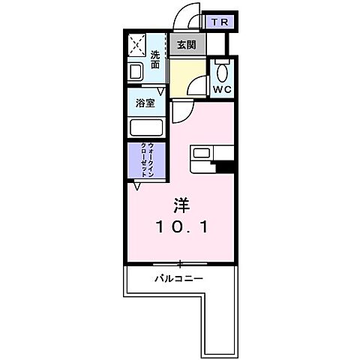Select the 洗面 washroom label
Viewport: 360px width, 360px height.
(155, 59)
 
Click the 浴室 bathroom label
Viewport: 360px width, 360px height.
(145, 103)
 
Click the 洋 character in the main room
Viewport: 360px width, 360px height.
(181, 204)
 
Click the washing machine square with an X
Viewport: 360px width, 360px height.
(136, 46)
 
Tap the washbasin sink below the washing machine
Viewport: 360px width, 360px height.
(136, 72)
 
